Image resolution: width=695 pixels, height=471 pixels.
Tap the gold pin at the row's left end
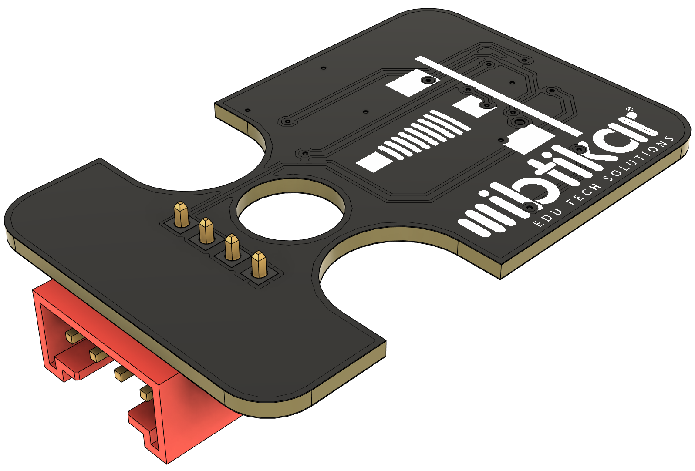pos(182,215)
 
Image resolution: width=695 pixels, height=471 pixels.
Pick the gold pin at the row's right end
pos(259,265)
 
